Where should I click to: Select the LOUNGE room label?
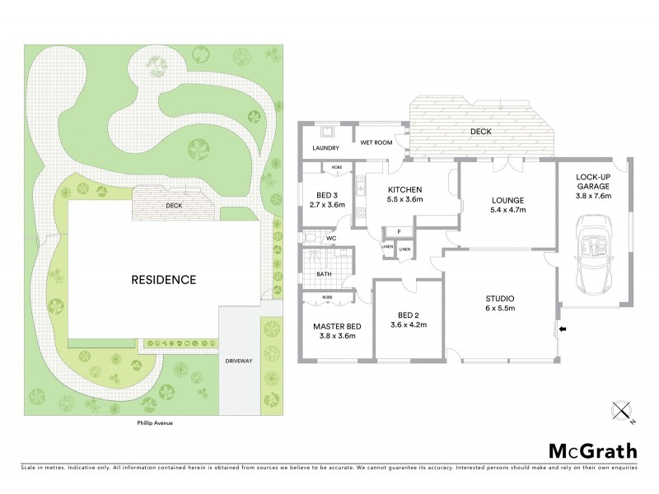507,200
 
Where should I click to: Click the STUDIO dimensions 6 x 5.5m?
500,309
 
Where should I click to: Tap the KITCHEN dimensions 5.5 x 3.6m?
404,198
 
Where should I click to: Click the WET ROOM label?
376,142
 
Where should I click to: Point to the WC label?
331,239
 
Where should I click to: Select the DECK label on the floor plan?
480,131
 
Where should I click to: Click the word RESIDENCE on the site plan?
164,279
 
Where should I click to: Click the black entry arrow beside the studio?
563,329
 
